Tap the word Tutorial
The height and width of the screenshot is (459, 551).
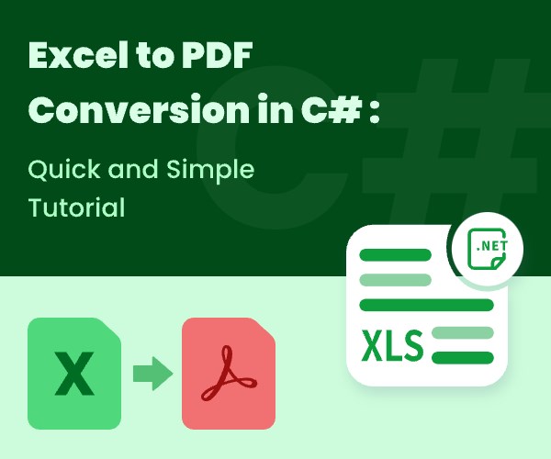[76, 208]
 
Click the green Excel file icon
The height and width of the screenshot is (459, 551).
[73, 373]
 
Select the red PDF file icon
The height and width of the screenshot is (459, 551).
[228, 373]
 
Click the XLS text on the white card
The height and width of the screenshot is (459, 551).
[392, 346]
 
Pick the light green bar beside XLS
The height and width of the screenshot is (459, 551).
[462, 331]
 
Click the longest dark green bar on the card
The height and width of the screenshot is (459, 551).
[426, 305]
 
